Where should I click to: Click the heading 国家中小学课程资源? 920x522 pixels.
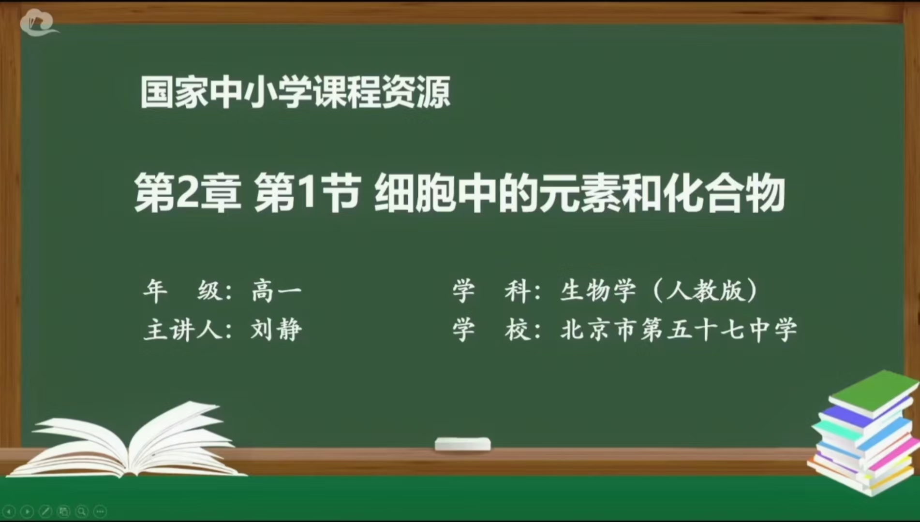(295, 92)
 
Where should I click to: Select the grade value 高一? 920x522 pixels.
(276, 291)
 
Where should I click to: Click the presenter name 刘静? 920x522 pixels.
(276, 330)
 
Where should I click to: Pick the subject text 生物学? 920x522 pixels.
(598, 291)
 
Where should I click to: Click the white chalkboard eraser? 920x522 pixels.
(462, 444)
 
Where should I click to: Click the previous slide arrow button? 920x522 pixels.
(10, 511)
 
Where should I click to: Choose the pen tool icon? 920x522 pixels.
(46, 511)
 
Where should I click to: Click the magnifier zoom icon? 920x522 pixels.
(82, 511)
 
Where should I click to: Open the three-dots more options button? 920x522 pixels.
(100, 511)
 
